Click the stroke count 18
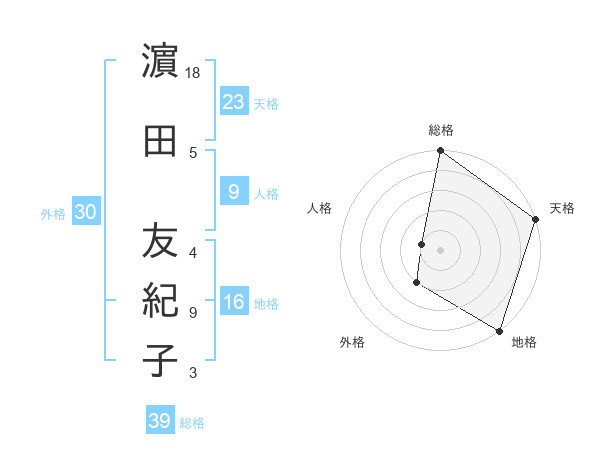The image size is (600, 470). click(x=194, y=72)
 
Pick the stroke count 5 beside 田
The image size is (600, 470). click(x=193, y=153)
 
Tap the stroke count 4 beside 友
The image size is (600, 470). click(x=193, y=251)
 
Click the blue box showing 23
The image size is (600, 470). click(x=234, y=101)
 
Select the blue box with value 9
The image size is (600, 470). click(x=234, y=191)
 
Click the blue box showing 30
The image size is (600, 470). click(x=85, y=212)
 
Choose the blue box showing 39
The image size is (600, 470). click(x=159, y=421)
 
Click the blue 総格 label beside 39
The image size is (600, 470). click(x=193, y=423)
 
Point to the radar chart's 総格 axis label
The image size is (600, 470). click(x=441, y=131)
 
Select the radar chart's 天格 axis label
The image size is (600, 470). click(x=562, y=208)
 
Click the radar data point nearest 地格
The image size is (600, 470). click(x=498, y=330)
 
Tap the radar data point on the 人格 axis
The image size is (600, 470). click(x=422, y=244)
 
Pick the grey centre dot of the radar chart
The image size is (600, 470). click(x=441, y=249)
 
